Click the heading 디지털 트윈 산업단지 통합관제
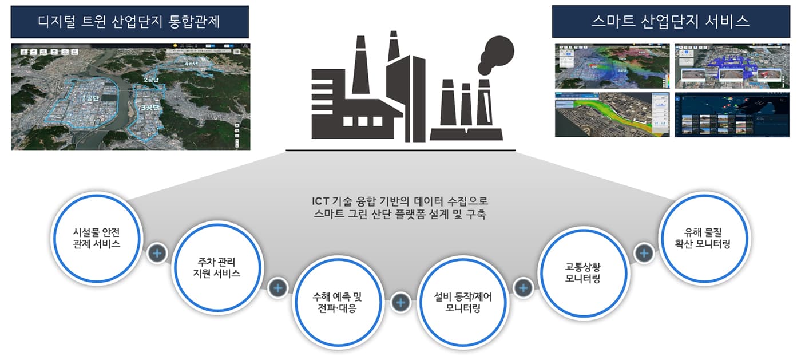coord(129,22)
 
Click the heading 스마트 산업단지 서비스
coord(670,22)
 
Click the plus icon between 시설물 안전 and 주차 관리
coord(157,252)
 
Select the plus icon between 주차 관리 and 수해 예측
coord(278,287)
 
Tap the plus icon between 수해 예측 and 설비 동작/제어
coord(400,302)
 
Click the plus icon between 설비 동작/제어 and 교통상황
coord(523,287)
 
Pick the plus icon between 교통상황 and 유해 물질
coord(644,252)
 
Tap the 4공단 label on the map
coord(191,64)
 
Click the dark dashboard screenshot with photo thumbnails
coord(732,114)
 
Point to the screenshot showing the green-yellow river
coord(612,114)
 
